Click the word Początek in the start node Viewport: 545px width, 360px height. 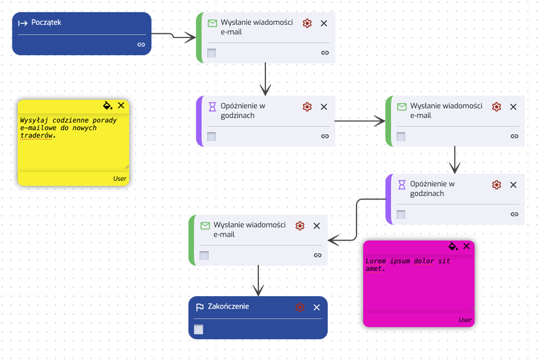pos(46,23)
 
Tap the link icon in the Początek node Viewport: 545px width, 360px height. pos(141,45)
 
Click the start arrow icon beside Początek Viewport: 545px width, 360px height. pos(23,23)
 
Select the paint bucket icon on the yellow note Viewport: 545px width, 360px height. pos(108,105)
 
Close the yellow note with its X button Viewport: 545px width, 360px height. pos(121,105)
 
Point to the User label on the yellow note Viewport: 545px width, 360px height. pos(120,179)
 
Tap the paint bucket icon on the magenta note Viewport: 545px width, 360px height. pos(453,247)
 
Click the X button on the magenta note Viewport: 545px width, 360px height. pos(466,247)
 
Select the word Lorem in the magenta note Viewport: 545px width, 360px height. pos(376,261)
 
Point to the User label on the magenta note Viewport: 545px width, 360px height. pos(465,320)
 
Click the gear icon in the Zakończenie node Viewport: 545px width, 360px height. pos(300,307)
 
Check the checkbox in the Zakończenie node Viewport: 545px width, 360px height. pos(199,330)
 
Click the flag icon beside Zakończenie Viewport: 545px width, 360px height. pos(200,307)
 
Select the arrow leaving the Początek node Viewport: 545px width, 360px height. pos(173,36)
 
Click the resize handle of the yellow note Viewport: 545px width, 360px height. pos(127,167)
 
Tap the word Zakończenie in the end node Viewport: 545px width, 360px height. pos(228,306)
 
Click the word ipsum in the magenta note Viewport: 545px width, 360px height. pos(400,261)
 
